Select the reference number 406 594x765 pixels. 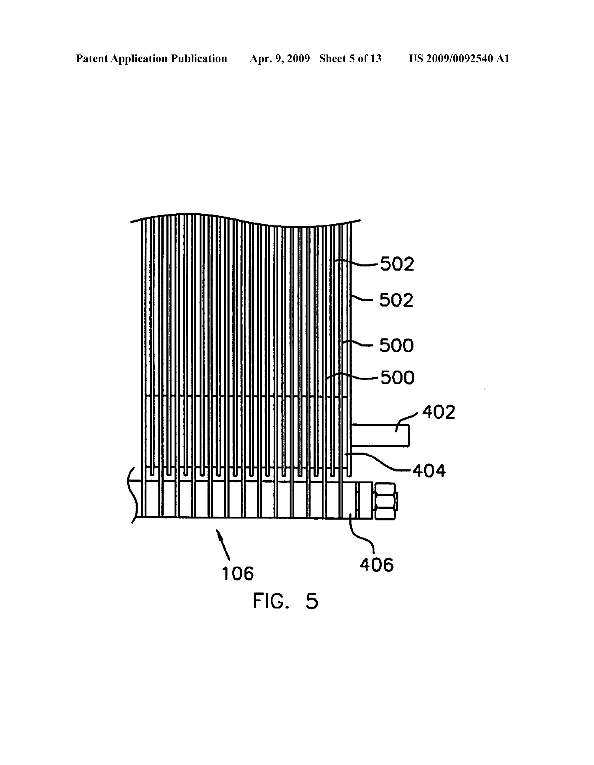(x=377, y=565)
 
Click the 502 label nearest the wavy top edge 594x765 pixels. (x=397, y=264)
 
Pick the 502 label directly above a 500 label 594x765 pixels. (x=396, y=300)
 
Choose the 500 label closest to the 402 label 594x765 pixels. (x=397, y=378)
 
